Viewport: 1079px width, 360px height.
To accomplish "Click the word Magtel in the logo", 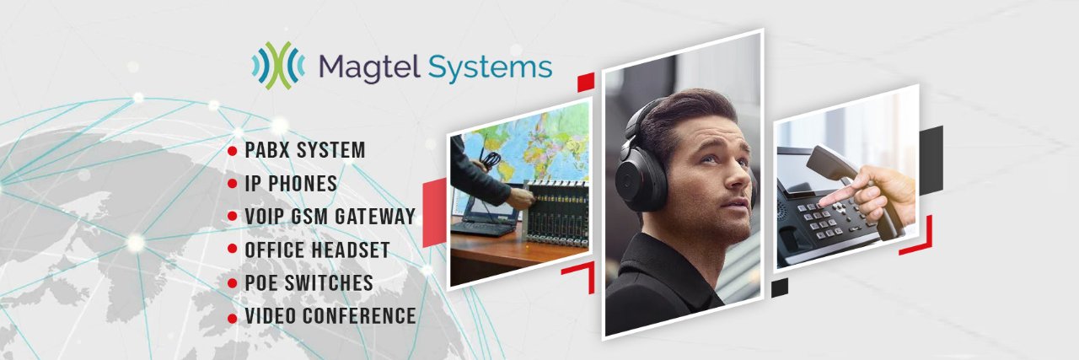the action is pyautogui.click(x=369, y=67).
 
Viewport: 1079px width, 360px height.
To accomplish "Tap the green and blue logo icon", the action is pyautogui.click(x=278, y=66).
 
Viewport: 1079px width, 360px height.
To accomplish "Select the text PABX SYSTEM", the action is pyautogui.click(x=305, y=150).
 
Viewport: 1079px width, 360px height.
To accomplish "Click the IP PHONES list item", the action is pyautogui.click(x=291, y=183).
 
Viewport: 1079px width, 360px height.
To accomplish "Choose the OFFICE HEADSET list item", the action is pyautogui.click(x=317, y=250).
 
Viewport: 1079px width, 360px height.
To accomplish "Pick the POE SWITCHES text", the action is pyautogui.click(x=309, y=283).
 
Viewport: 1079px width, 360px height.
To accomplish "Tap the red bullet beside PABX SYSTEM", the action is pyautogui.click(x=232, y=151).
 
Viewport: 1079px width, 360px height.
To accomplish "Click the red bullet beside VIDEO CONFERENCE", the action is pyautogui.click(x=232, y=318).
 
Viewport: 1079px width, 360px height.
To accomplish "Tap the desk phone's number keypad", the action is pyautogui.click(x=826, y=219).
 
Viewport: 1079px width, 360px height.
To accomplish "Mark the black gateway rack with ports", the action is pyautogui.click(x=557, y=212).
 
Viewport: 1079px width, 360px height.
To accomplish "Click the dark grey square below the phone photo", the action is pyautogui.click(x=780, y=287).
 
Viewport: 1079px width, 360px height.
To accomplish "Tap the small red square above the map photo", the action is pyautogui.click(x=586, y=82).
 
